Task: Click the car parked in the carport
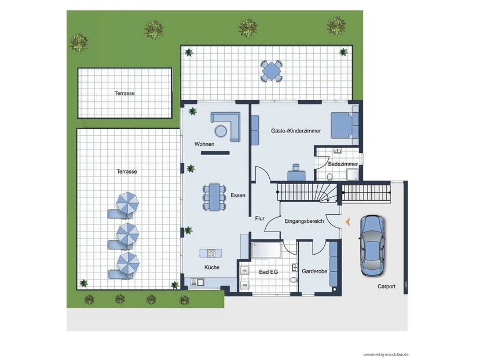tap(372, 245)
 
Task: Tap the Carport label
tap(386, 286)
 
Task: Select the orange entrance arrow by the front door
tap(347, 222)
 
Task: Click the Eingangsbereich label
tap(304, 221)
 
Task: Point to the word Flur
tap(260, 219)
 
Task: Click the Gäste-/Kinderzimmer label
tap(296, 131)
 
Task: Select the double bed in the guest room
tap(345, 125)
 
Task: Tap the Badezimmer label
tap(343, 164)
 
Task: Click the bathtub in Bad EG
tap(266, 250)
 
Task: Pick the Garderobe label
tap(314, 271)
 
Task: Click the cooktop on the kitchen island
tap(211, 253)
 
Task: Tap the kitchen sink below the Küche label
tap(197, 282)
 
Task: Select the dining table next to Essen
tap(214, 197)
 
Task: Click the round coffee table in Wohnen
tap(221, 131)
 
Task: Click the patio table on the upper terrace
tap(271, 71)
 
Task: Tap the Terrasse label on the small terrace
tap(124, 93)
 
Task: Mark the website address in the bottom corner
tap(386, 354)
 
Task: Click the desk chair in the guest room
tap(296, 167)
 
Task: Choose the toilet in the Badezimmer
tap(329, 177)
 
